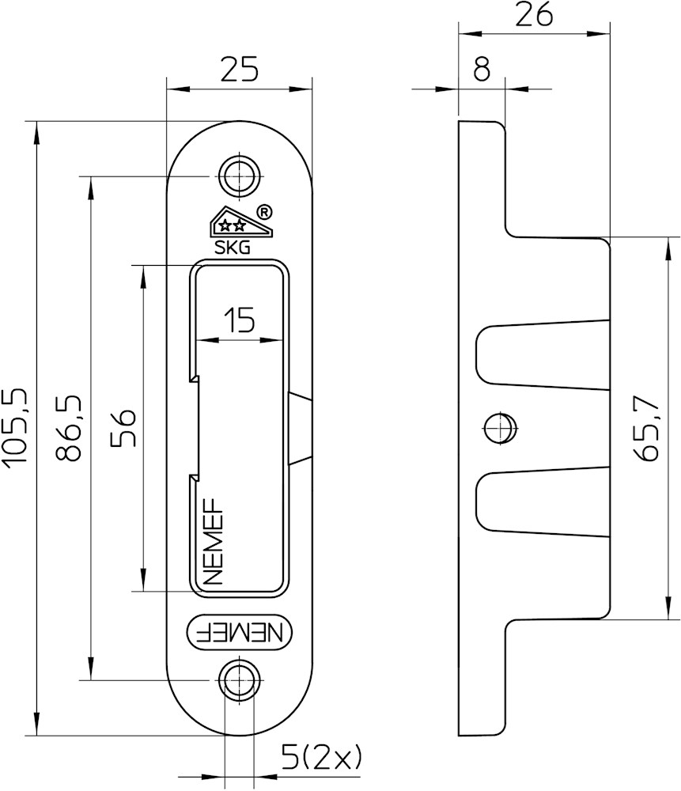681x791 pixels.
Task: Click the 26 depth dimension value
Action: pos(535,16)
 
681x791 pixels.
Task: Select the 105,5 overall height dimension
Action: pos(17,428)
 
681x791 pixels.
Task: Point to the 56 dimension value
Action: pos(124,428)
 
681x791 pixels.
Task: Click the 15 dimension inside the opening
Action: pos(238,322)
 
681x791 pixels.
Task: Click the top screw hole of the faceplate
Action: pos(239,175)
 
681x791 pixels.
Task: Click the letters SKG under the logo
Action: pos(233,247)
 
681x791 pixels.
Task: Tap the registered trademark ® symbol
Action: pos(266,211)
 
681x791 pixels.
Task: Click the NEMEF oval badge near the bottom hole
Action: pos(240,632)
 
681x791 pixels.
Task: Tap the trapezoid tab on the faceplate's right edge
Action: pos(301,428)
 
